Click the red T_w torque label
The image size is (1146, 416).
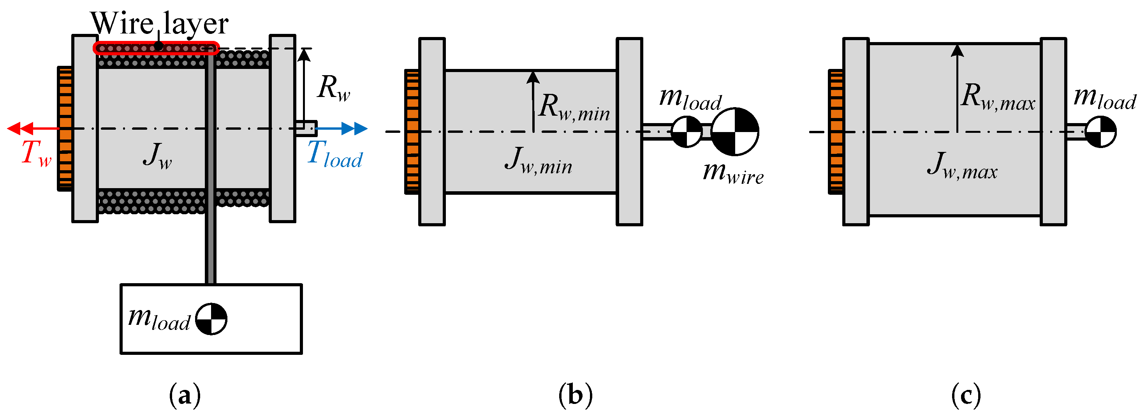tap(37, 153)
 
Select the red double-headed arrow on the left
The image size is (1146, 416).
tap(33, 129)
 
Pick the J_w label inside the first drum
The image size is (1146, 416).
tap(157, 156)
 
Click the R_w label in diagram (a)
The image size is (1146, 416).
tap(334, 88)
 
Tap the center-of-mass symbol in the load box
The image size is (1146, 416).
tap(211, 319)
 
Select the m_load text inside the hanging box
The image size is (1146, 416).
tap(159, 319)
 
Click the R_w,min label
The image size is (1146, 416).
tap(574, 108)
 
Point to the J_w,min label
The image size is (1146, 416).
tap(538, 160)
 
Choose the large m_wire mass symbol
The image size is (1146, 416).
tap(734, 132)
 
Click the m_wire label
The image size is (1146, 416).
tap(733, 173)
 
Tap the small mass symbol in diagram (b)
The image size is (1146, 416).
tap(687, 132)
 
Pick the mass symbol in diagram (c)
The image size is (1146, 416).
tap(1100, 132)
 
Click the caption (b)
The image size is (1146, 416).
tap(576, 395)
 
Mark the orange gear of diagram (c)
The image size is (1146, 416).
tap(836, 132)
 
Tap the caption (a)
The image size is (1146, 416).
tap(185, 395)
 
